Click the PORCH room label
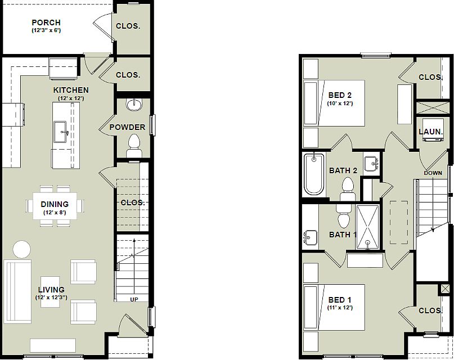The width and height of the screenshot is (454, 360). [x=46, y=22]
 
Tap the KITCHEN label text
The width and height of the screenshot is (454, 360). [x=71, y=90]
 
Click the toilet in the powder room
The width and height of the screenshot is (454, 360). [x=134, y=146]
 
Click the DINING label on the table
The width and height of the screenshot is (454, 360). [x=55, y=204]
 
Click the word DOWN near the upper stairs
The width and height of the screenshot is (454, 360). [x=433, y=173]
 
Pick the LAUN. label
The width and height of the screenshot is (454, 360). [x=431, y=132]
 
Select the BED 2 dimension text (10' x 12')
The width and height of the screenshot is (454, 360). [x=340, y=103]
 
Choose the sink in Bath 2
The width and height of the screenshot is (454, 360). [x=372, y=164]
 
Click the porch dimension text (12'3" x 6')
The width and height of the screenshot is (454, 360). [x=46, y=30]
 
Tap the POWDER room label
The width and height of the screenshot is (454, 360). [x=127, y=127]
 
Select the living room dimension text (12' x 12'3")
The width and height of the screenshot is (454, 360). [x=51, y=298]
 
